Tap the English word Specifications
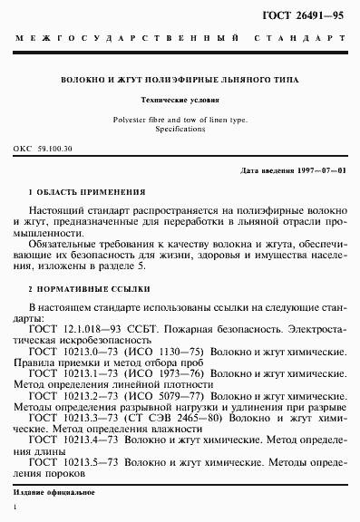(x=180, y=129)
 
